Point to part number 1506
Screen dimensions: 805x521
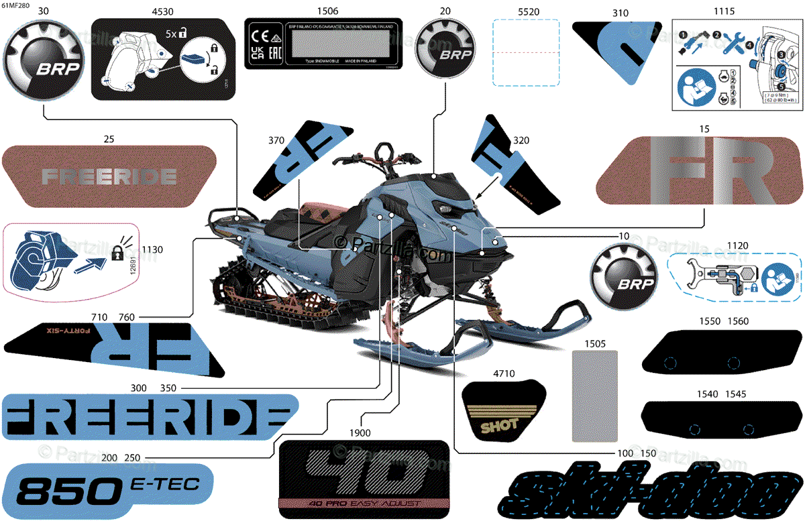point(327,11)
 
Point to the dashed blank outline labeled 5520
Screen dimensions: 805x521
point(526,52)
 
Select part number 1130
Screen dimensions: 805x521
point(152,249)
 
